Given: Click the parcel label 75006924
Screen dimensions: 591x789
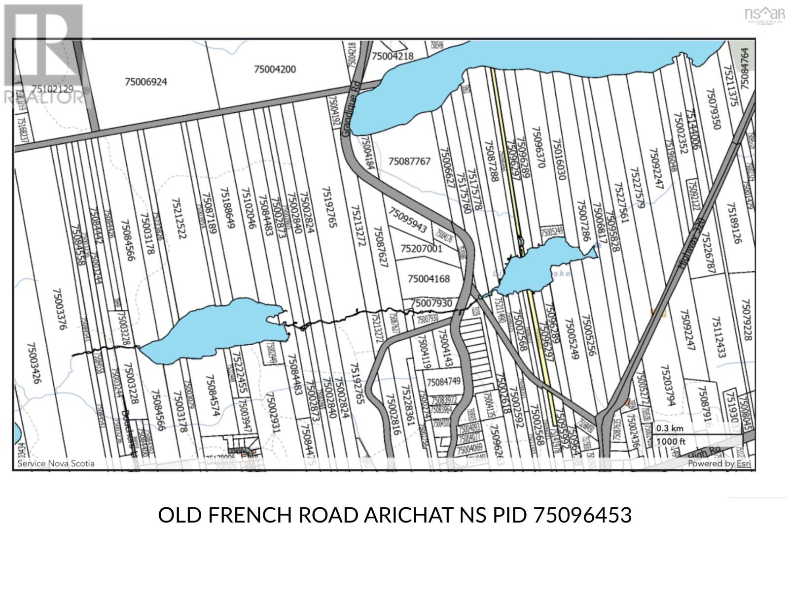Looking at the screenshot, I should coord(146,82).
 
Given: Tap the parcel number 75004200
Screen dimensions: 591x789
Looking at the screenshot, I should coord(275,69).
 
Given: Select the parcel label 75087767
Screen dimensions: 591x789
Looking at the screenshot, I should coord(409,161).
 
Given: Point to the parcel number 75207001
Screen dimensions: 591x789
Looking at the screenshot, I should coord(422,249).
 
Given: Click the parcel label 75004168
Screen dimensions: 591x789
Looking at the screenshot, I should coord(429,279).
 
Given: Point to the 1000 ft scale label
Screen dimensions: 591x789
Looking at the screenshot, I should coord(671,441).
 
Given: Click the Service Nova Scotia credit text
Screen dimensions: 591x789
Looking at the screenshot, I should coord(56,463).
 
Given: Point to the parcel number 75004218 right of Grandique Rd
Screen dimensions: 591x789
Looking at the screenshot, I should coord(393,56).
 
